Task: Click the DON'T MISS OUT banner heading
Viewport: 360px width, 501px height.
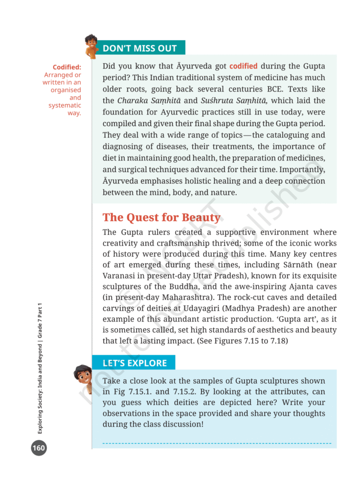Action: (x=139, y=48)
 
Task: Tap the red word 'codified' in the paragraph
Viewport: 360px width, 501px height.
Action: (x=243, y=66)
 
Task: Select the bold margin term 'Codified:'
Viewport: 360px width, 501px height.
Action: (x=67, y=67)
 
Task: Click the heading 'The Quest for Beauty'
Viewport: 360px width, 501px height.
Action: (x=161, y=217)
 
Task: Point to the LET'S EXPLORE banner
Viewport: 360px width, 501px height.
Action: (x=135, y=363)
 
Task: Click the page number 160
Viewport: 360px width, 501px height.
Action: (x=39, y=448)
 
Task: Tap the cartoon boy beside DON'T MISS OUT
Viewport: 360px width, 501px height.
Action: (x=91, y=46)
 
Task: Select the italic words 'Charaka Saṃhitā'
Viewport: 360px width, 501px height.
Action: (x=148, y=101)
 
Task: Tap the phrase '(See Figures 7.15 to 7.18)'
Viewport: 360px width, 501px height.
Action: (x=245, y=341)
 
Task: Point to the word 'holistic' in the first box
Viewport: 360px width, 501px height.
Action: (x=213, y=181)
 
